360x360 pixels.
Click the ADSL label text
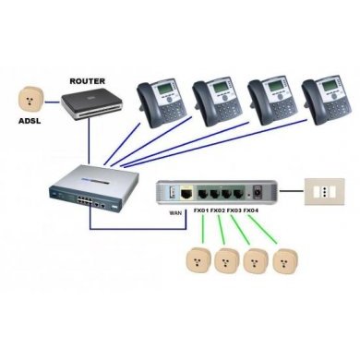(x=28, y=120)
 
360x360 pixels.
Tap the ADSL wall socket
(x=28, y=98)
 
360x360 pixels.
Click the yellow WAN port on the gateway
(x=186, y=195)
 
